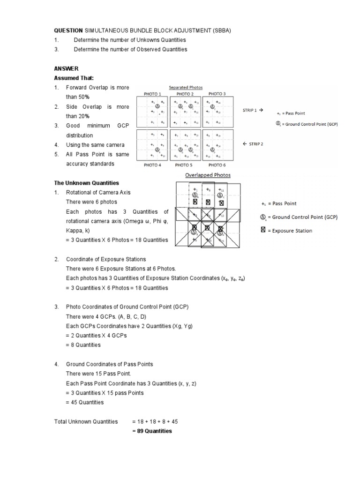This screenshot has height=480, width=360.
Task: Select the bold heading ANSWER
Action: [x=66, y=68]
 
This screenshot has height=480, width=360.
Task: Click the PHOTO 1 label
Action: [x=153, y=94]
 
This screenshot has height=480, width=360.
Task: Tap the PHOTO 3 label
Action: [x=217, y=94]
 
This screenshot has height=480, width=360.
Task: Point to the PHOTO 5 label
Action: [x=183, y=165]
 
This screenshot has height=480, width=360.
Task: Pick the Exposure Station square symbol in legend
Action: [x=263, y=230]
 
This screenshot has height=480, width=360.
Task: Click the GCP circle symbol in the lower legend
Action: [x=263, y=217]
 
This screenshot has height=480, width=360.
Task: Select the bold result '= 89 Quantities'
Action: [x=152, y=431]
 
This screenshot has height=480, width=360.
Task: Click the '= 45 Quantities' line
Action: [x=85, y=402]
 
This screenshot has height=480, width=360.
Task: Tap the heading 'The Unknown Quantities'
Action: [x=86, y=183]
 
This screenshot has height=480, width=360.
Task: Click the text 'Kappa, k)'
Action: [x=77, y=231]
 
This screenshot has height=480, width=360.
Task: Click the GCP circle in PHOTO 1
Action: [x=158, y=106]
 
